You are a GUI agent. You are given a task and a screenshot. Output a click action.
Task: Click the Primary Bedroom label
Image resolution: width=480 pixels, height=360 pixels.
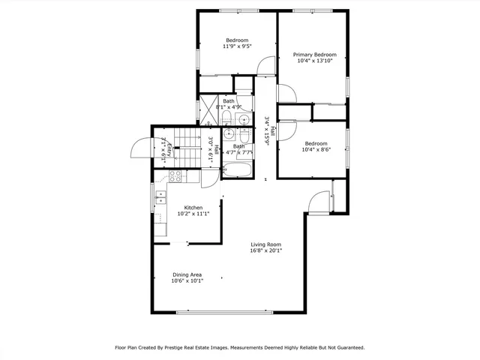click(x=314, y=55)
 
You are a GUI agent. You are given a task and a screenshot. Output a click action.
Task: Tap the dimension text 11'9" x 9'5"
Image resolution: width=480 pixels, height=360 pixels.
click(x=237, y=46)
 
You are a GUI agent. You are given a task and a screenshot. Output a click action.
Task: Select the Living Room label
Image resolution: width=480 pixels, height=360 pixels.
click(x=265, y=244)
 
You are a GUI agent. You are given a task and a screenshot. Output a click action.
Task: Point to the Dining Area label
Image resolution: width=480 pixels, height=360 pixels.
click(x=187, y=274)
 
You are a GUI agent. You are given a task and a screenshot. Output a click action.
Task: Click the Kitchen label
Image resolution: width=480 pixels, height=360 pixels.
click(x=193, y=207)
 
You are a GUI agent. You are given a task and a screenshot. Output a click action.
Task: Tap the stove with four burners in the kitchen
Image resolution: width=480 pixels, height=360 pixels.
click(x=176, y=177)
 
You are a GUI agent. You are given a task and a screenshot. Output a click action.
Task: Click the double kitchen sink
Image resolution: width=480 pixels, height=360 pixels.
click(x=160, y=199)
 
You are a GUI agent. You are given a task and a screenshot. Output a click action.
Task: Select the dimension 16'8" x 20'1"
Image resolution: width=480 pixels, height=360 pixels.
click(x=265, y=251)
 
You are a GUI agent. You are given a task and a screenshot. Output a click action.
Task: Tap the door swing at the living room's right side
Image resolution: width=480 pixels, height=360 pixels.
click(x=317, y=202)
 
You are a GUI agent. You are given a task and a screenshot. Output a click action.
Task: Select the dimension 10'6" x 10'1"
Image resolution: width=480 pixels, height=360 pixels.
click(x=187, y=281)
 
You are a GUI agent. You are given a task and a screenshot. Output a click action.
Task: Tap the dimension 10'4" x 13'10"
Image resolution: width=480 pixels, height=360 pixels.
click(x=314, y=61)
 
